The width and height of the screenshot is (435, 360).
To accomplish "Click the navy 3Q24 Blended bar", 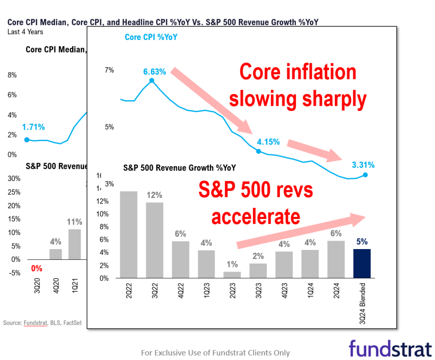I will point(362,264).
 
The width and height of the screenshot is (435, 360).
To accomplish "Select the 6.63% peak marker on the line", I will point(152,80).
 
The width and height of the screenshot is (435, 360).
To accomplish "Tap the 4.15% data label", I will point(268,142).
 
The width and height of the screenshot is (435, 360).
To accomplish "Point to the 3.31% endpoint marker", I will point(365,175).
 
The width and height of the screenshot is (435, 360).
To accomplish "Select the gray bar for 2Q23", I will point(232,275).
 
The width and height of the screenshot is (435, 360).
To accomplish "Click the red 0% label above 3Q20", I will point(37,268).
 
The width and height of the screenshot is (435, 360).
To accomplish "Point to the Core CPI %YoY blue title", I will point(151,37).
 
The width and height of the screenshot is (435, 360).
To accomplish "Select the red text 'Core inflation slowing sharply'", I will point(297,85).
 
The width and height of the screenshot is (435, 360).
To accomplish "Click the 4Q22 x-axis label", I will point(180,292).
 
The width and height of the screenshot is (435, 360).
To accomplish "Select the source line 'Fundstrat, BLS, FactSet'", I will point(42,323).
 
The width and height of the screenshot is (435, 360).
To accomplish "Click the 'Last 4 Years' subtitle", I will point(25,32).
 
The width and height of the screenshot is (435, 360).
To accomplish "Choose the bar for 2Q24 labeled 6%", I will point(336,259).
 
